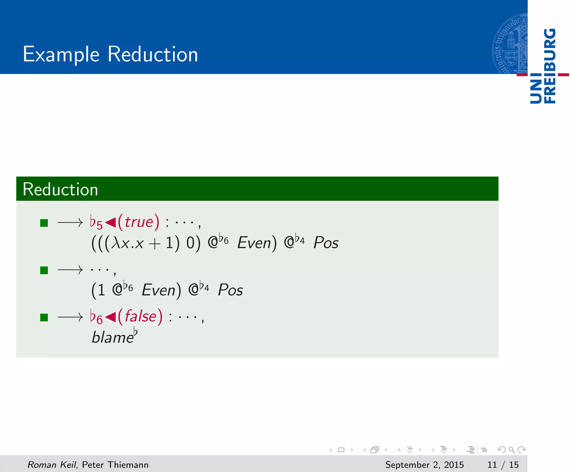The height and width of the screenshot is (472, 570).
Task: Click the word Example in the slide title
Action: point(61,54)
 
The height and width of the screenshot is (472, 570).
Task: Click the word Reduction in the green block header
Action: point(60,190)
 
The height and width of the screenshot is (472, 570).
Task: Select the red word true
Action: point(139,222)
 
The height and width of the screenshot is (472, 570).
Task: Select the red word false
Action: point(141,317)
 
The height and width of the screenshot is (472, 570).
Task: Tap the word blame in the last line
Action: point(112,338)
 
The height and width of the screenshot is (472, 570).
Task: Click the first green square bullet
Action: point(44,223)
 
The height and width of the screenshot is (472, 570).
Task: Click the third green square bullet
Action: point(44,317)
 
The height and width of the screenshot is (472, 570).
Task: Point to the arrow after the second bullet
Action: point(70,270)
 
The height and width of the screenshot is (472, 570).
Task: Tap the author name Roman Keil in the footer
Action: point(51,465)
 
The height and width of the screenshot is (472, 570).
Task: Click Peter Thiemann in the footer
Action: point(115,465)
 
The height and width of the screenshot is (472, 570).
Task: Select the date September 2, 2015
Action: point(424,465)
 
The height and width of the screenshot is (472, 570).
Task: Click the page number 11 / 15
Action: point(503,465)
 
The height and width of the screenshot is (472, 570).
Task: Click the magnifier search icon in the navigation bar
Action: point(511,450)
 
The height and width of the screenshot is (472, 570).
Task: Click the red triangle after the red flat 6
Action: point(110,317)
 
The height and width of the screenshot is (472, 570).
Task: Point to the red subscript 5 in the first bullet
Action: point(99,225)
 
